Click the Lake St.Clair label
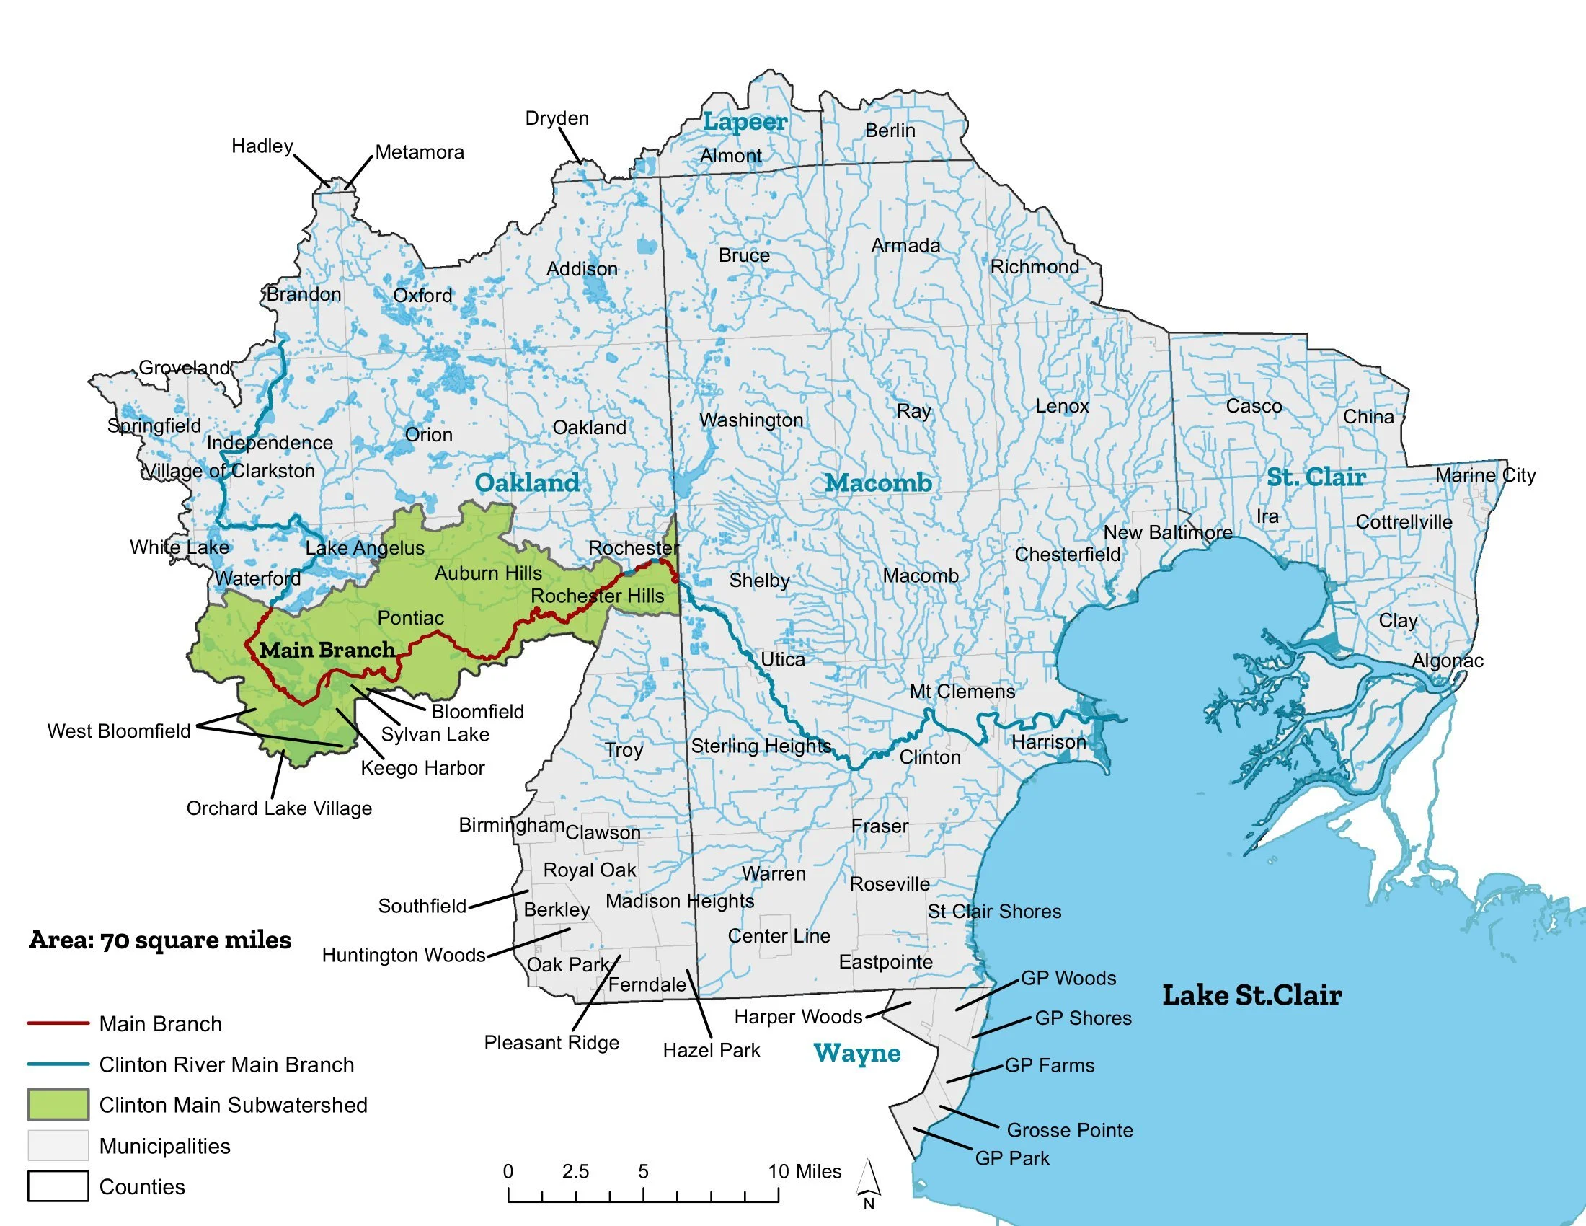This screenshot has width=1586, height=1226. tap(1252, 995)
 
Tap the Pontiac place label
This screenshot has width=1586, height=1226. tap(410, 618)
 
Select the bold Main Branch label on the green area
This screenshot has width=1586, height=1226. tap(327, 650)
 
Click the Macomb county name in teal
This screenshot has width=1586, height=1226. tap(879, 483)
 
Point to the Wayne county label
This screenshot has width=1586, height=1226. tap(857, 1053)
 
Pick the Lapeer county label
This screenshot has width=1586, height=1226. tap(745, 122)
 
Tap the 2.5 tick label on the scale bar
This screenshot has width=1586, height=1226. tap(575, 1171)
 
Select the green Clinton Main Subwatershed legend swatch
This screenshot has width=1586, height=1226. tap(58, 1105)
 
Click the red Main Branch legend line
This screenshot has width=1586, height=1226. tap(58, 1023)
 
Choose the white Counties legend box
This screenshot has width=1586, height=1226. tap(58, 1186)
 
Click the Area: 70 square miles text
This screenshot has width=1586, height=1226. tap(160, 940)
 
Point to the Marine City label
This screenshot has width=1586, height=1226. tap(1485, 475)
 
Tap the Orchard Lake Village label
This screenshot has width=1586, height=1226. tap(279, 808)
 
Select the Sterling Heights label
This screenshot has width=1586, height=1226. tap(761, 746)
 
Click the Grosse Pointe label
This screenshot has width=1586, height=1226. tap(1070, 1130)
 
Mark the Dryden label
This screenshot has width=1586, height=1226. tap(557, 118)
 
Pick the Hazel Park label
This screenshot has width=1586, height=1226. tap(711, 1050)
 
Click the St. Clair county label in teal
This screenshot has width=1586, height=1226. tap(1316, 477)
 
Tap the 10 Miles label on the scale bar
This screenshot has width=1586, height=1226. tap(805, 1171)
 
